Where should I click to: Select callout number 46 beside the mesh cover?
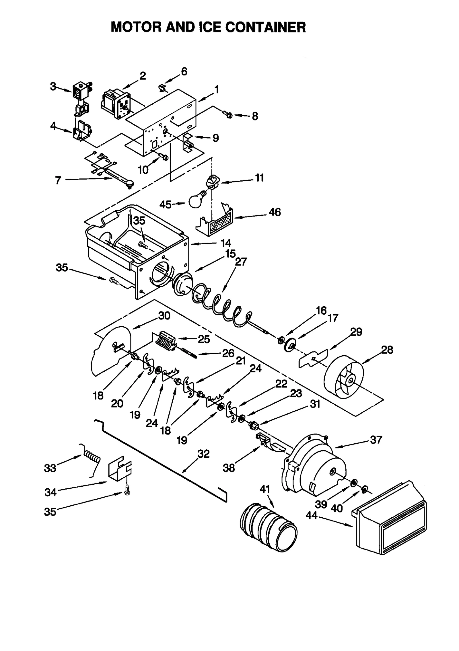pyautogui.click(x=275, y=212)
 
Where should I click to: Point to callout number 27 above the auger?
pyautogui.click(x=241, y=262)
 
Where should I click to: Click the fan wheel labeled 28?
pyautogui.click(x=344, y=377)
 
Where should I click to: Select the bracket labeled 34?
pyautogui.click(x=119, y=469)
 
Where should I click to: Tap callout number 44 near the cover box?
pyautogui.click(x=311, y=516)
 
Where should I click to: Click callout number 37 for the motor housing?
pyautogui.click(x=376, y=440)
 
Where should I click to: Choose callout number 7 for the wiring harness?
pyautogui.click(x=58, y=180)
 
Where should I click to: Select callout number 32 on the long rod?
pyautogui.click(x=204, y=454)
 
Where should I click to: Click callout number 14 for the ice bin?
pyautogui.click(x=226, y=243)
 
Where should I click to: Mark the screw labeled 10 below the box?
pyautogui.click(x=164, y=156)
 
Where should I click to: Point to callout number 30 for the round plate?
pyautogui.click(x=164, y=316)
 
